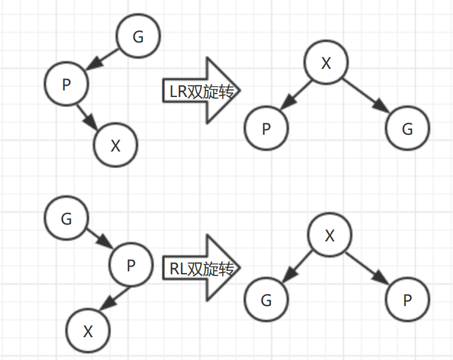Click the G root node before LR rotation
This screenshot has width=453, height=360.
[138, 37]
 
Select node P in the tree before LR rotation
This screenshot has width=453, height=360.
[66, 84]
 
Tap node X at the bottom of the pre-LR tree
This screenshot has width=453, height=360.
[115, 144]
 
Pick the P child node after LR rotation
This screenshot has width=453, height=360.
[266, 128]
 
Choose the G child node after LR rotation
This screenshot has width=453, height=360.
[408, 128]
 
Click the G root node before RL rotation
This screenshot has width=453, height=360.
[66, 219]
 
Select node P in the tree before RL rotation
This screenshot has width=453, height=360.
[130, 265]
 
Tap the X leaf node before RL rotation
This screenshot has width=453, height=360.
[88, 331]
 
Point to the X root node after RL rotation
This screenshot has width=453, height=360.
[330, 235]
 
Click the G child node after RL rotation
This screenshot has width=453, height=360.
[266, 300]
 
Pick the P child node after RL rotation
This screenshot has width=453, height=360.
[408, 300]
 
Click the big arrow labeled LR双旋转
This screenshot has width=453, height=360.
[201, 91]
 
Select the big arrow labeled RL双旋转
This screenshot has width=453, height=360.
[201, 268]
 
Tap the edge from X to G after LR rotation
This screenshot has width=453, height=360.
[366, 96]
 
